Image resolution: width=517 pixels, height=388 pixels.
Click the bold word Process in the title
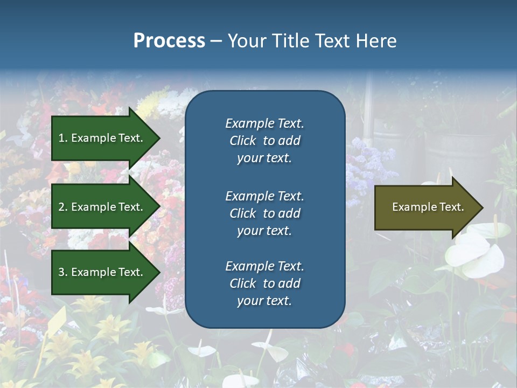pyautogui.click(x=169, y=40)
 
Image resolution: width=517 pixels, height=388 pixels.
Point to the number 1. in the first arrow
pyautogui.click(x=63, y=138)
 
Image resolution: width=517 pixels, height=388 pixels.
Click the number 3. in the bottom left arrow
pyautogui.click(x=63, y=272)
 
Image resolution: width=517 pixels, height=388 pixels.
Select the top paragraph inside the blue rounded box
pyautogui.click(x=264, y=141)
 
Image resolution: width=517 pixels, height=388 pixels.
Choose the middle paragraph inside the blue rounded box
pyautogui.click(x=264, y=213)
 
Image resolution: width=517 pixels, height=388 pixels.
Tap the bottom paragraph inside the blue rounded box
pyautogui.click(x=264, y=283)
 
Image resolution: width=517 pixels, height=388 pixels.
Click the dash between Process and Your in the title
pyautogui.click(x=216, y=40)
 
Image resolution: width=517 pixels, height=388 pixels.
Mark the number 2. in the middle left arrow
pyautogui.click(x=63, y=207)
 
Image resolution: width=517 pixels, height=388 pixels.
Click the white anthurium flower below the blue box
pyautogui.click(x=272, y=351)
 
